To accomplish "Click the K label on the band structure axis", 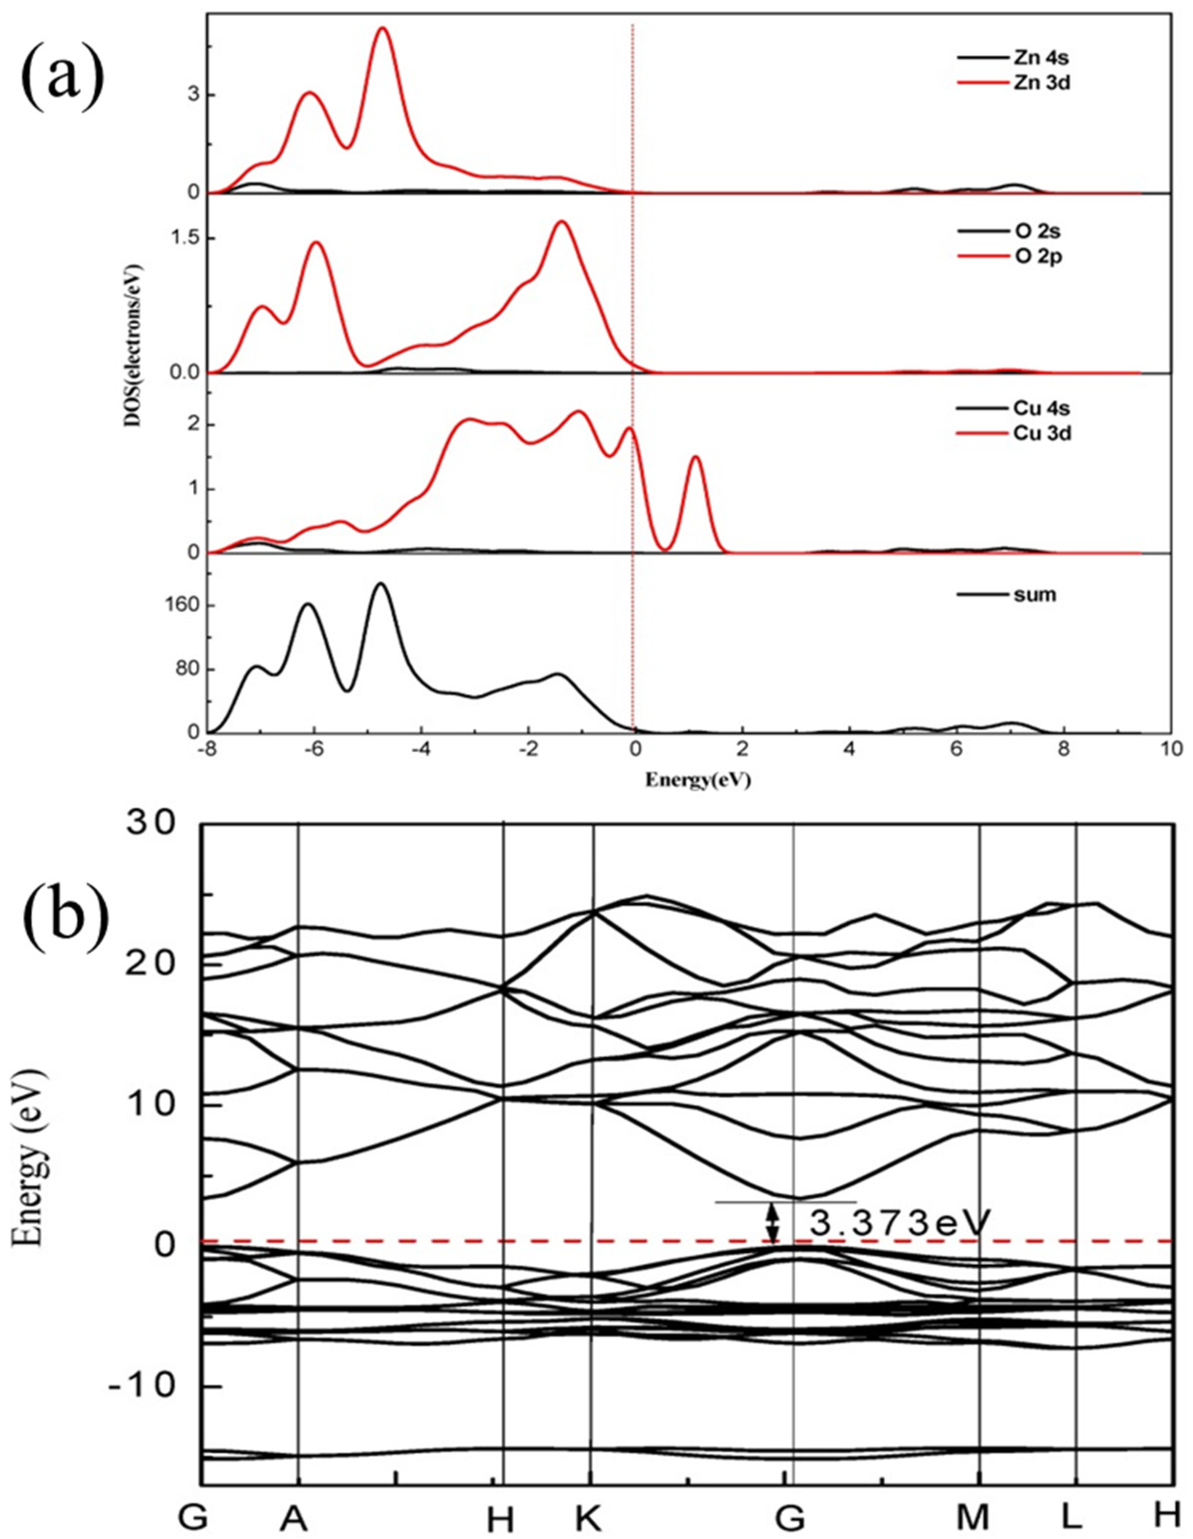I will tap(589, 1517).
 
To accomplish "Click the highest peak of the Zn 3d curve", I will tap(383, 28).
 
